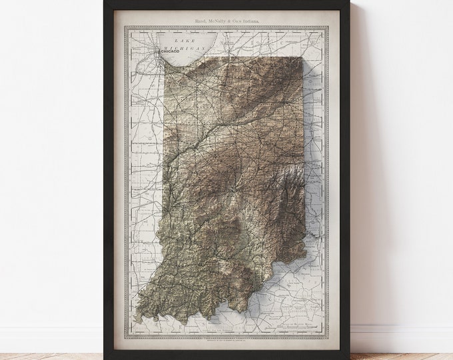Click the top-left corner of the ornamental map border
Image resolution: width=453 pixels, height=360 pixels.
tap(131, 28)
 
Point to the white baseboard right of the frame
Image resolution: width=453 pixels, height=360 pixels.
tap(400, 329)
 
